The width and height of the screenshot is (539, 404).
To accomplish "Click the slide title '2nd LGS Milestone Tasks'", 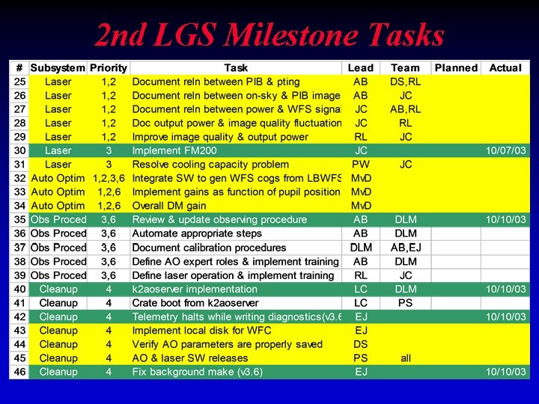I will (x=269, y=34).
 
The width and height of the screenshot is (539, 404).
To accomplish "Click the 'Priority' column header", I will (x=109, y=68).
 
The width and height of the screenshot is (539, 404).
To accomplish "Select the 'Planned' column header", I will (x=456, y=68).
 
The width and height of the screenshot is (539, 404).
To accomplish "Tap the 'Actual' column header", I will (x=505, y=68).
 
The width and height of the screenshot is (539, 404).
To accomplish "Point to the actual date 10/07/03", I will (x=506, y=150).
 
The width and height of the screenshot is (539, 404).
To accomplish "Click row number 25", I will (x=19, y=82).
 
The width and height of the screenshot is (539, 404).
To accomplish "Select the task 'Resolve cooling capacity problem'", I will (x=210, y=165).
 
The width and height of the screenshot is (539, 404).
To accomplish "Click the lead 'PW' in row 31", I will (x=361, y=165).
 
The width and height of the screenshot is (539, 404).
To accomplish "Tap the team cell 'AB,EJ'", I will (x=406, y=248).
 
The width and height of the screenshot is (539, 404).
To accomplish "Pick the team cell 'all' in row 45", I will (x=406, y=358).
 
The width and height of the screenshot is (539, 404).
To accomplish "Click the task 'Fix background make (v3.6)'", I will (x=198, y=372).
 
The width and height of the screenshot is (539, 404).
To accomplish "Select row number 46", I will (x=19, y=372).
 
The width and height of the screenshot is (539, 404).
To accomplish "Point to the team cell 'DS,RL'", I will (x=406, y=82).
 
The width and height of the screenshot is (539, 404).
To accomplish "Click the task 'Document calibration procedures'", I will (x=209, y=248).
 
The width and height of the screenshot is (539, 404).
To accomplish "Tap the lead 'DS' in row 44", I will (x=361, y=344).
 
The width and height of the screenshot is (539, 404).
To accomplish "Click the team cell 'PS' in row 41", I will (x=406, y=303).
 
